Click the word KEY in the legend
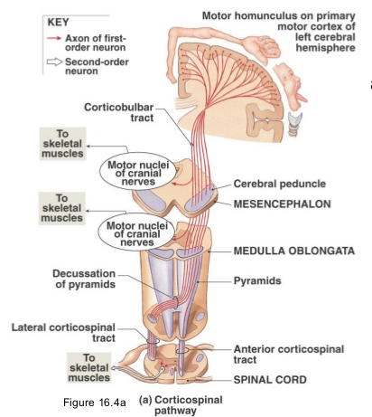tap(58, 23)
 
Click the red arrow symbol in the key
tap(54, 38)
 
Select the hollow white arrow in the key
tap(54, 62)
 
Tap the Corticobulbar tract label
tap(118, 112)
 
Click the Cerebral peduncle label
tap(280, 184)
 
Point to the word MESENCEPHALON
tap(282, 204)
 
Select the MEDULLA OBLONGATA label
tap(294, 251)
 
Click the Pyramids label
tap(257, 280)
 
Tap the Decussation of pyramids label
tap(84, 279)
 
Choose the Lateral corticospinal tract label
tap(63, 333)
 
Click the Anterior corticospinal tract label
tap(289, 355)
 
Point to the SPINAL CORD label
tap(270, 380)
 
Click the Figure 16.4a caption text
tap(95, 403)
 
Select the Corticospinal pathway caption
tap(181, 405)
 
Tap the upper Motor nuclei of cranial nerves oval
tap(138, 171)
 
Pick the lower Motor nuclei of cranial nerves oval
tap(136, 232)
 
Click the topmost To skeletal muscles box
tap(62, 144)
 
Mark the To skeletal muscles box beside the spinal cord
tap(88, 367)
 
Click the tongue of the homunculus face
tap(302, 98)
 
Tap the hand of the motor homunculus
tap(265, 47)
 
